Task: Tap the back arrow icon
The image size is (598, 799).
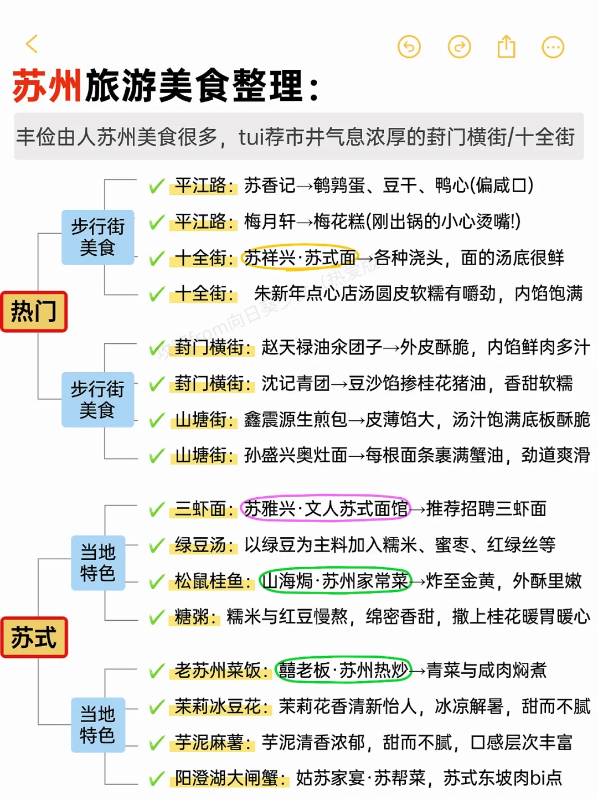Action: coord(32,44)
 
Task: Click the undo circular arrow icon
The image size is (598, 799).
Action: coord(409,47)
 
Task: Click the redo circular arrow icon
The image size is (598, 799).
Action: coord(459,47)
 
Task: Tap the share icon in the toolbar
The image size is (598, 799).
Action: coord(506,47)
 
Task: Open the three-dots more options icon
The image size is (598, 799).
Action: coord(553,47)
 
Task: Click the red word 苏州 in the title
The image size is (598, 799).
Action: coord(48,86)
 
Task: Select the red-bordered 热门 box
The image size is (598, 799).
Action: coord(34,312)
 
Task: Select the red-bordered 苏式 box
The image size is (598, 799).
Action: coord(34,637)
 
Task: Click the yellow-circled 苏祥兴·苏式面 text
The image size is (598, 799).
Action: coord(300,257)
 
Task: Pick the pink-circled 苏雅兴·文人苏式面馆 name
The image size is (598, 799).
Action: coord(326,508)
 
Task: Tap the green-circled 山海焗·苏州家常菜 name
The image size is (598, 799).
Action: coord(336,581)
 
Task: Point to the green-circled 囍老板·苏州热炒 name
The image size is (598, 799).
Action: coord(344,670)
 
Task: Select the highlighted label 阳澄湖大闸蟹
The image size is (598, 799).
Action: coord(230,778)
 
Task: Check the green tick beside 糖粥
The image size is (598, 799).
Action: coord(157,617)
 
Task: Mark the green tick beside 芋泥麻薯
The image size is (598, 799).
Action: coord(157,743)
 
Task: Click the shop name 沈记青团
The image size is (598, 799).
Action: coord(295,383)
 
